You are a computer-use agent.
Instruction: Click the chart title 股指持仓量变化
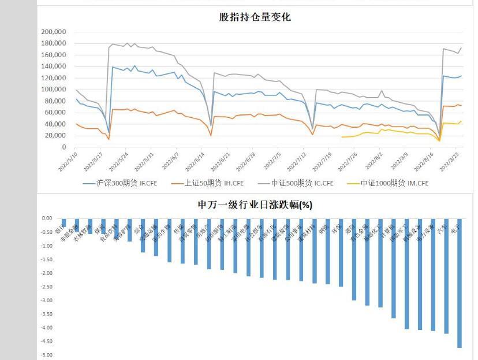(x=255, y=17)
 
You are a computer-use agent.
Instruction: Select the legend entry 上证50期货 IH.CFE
(x=214, y=183)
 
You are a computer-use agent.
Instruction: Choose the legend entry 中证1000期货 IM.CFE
(x=394, y=183)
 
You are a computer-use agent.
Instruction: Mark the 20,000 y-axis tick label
(x=56, y=136)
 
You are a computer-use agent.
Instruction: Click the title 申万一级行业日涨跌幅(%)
(x=255, y=205)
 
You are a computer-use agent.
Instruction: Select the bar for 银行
(x=64, y=223)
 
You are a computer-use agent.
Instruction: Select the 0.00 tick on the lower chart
(x=46, y=218)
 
